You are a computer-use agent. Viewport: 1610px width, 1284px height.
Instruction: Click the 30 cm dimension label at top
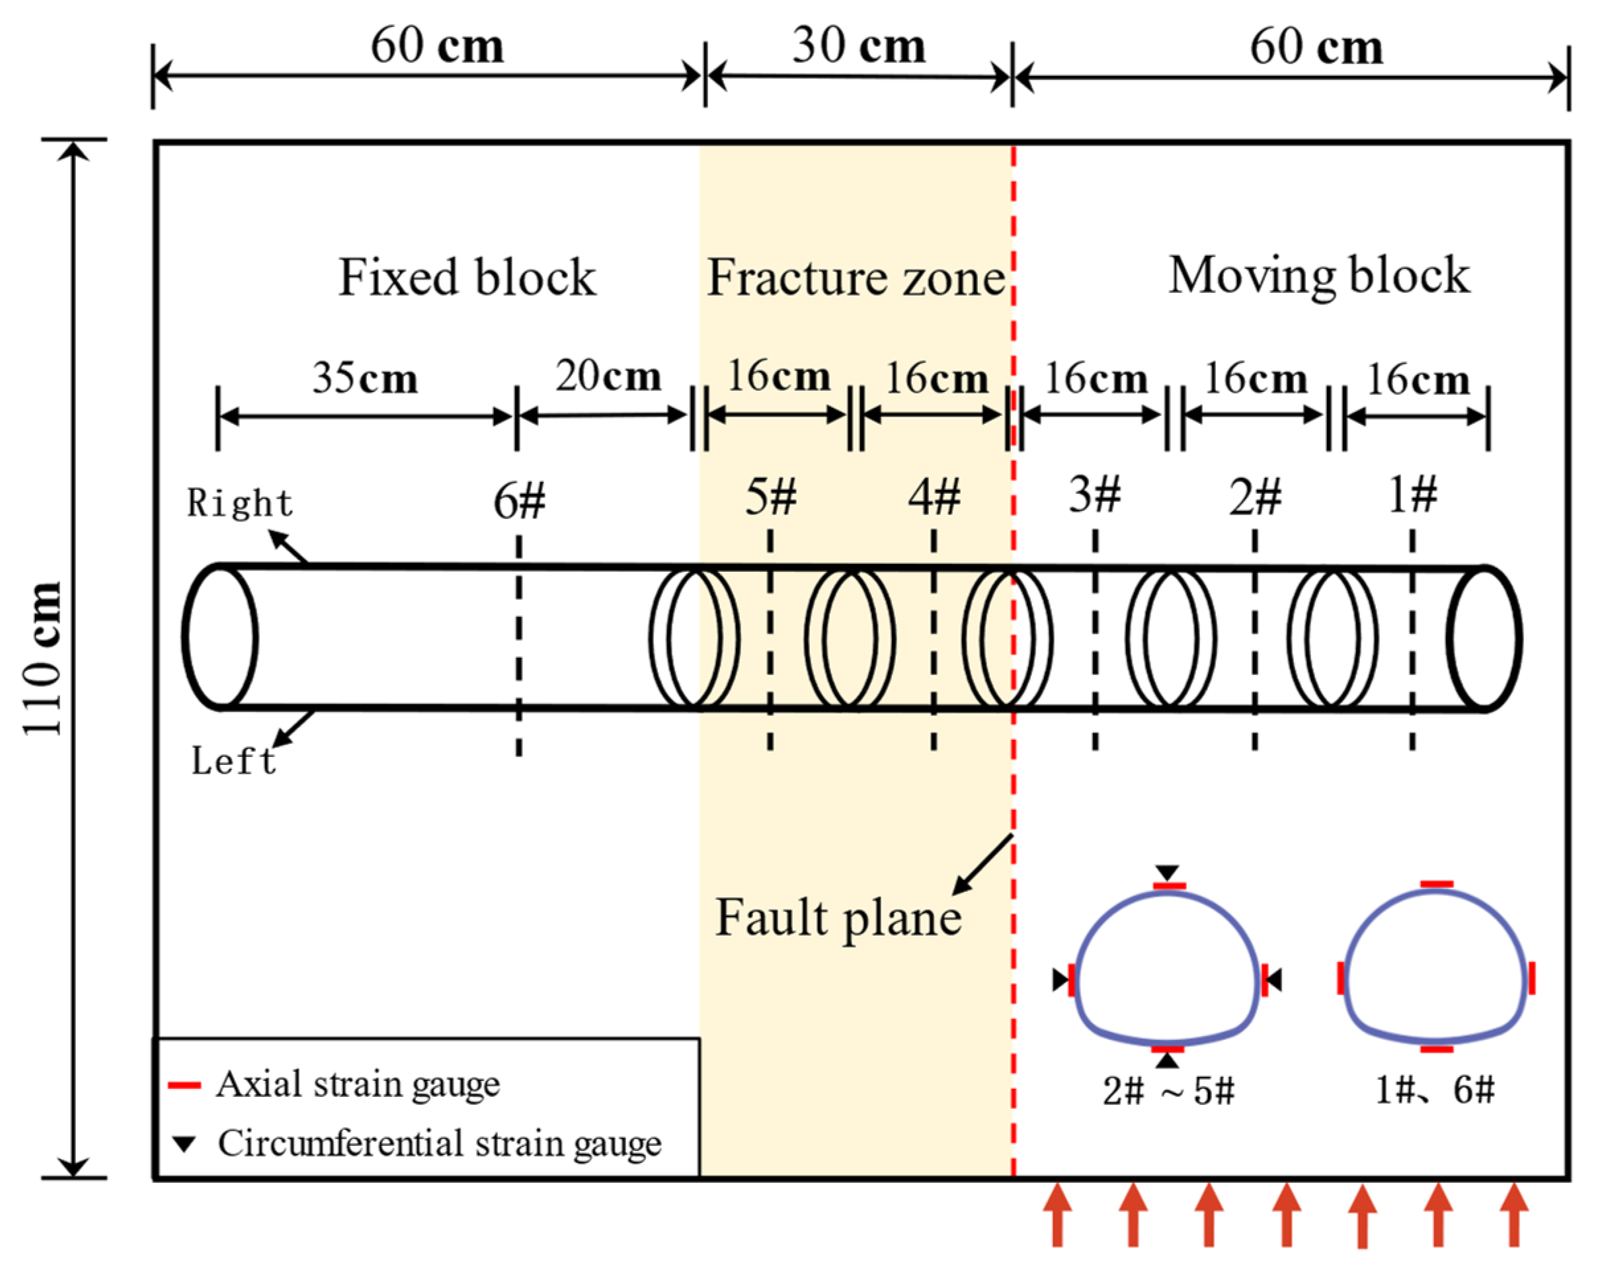(859, 46)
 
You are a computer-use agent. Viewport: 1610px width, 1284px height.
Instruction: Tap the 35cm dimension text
(364, 378)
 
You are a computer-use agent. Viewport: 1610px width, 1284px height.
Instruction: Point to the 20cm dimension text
(608, 376)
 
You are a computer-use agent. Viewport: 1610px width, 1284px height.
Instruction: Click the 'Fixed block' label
(467, 278)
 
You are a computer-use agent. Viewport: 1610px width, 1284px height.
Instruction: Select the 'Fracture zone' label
(856, 278)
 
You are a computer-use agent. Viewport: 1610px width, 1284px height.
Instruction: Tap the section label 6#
(519, 501)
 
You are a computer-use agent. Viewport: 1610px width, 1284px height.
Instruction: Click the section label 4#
(934, 497)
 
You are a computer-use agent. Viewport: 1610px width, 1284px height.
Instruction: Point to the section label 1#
(1412, 495)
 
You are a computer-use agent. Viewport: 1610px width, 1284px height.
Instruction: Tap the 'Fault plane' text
(838, 918)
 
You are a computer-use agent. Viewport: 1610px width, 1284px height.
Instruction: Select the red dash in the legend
(184, 1085)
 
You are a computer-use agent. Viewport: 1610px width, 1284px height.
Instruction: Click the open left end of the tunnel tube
(221, 637)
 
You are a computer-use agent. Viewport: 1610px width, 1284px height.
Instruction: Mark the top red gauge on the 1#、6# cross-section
(1437, 885)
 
